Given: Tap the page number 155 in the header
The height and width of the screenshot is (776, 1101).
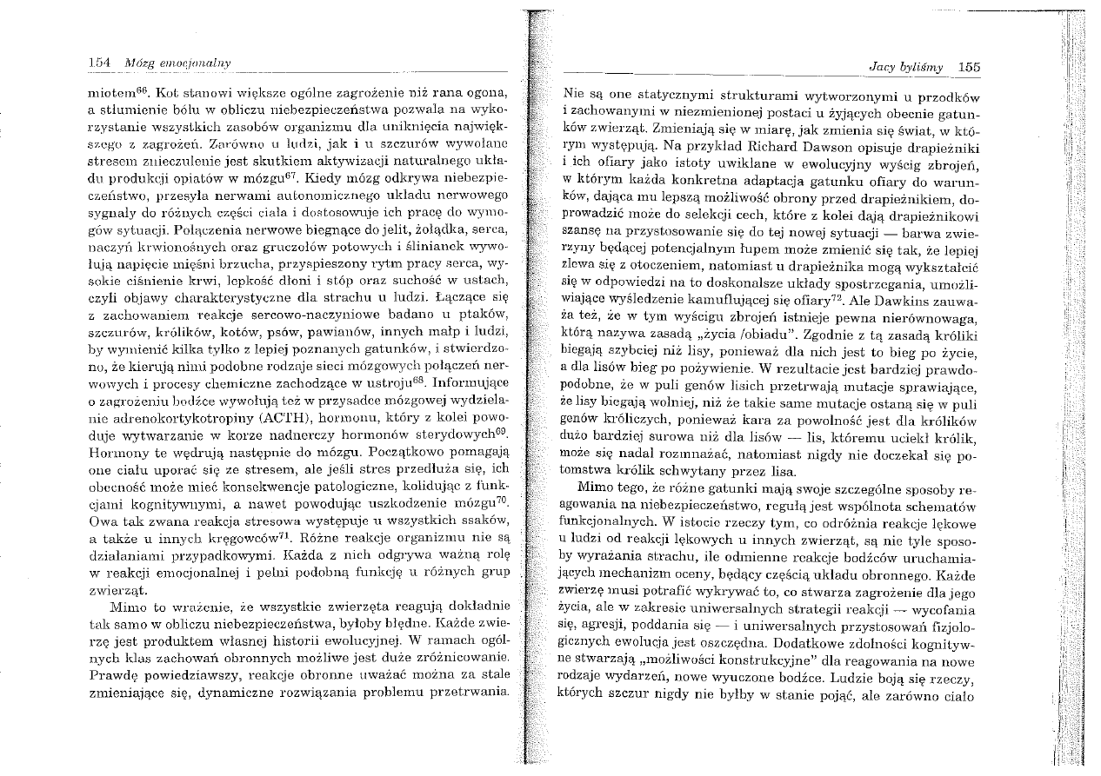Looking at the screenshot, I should [965, 68].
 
